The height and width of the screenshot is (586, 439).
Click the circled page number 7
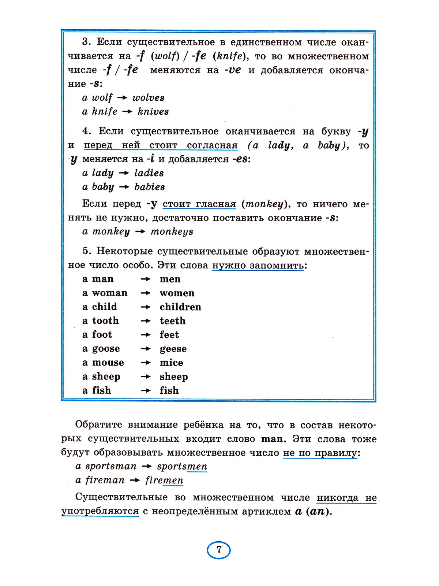coord(219,550)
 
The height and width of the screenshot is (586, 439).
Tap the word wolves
coord(148,98)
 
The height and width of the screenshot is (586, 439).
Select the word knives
coord(153,112)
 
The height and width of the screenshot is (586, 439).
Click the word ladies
coord(149,173)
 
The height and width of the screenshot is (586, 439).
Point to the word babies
coord(149,187)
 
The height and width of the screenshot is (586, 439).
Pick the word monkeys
coord(172,232)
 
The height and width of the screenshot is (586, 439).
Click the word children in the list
coord(180,307)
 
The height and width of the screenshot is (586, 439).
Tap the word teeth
coord(172,321)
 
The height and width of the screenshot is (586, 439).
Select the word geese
coord(173,349)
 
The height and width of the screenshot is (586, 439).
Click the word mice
coord(171,363)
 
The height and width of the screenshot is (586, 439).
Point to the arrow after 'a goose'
coord(146,349)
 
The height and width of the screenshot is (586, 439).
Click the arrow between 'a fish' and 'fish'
coord(146,390)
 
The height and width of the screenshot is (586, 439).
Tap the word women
coord(177,293)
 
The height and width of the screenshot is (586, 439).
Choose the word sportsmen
coord(182,466)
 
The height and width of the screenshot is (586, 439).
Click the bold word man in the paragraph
coord(272,439)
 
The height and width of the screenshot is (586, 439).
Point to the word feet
coord(169,335)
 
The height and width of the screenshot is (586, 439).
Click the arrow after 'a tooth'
coord(146,321)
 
